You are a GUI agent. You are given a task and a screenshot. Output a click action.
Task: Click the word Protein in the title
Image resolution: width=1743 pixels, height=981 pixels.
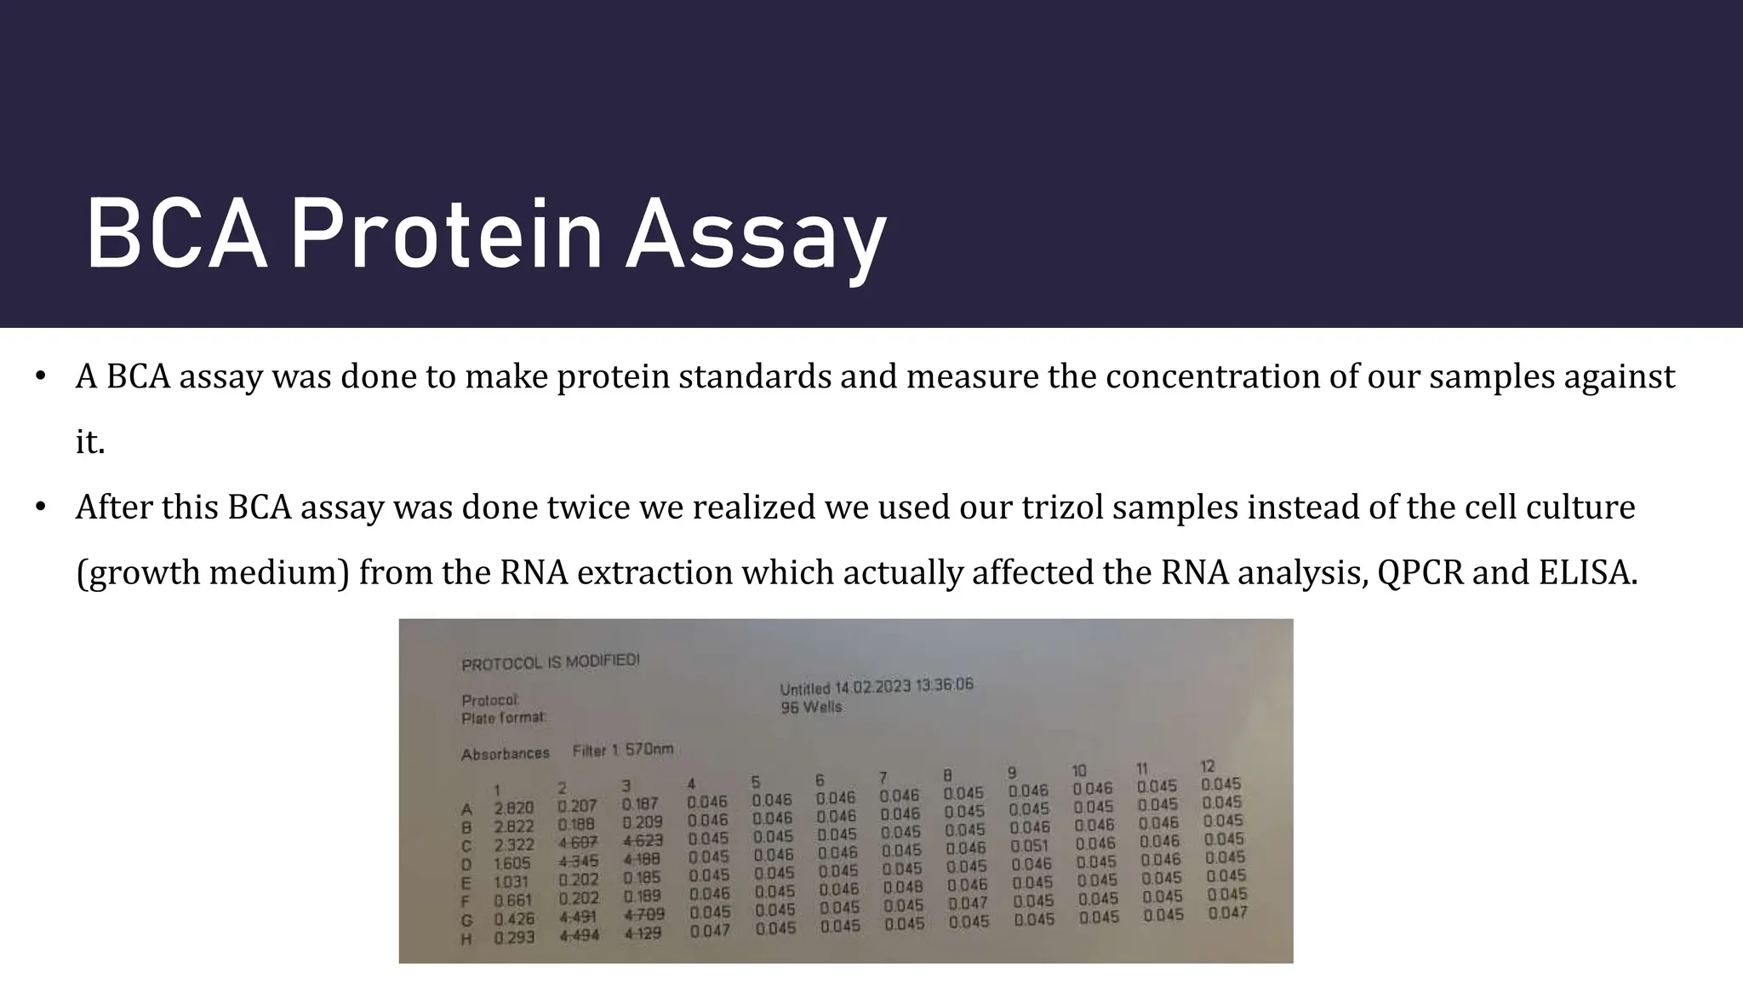446,234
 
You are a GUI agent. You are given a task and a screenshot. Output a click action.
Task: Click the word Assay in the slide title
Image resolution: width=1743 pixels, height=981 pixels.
756,234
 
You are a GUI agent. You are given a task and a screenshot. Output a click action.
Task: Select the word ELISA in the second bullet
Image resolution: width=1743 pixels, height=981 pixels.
1587,572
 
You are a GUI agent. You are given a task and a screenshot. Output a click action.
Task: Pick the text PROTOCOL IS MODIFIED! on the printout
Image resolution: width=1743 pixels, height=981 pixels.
550,662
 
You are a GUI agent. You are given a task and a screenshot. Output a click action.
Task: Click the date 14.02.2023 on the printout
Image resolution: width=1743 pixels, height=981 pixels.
872,687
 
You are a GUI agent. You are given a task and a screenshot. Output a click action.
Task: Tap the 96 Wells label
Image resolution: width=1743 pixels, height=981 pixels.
811,707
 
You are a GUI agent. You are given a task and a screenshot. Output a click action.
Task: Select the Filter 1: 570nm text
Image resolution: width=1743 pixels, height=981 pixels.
622,750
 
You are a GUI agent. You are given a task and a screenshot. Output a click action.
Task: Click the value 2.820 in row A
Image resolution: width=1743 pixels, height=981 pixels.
514,808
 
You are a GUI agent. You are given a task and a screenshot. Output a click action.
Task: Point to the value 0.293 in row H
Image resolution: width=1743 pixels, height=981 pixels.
514,937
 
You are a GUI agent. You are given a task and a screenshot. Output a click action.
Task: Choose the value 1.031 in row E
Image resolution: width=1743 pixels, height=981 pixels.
511,882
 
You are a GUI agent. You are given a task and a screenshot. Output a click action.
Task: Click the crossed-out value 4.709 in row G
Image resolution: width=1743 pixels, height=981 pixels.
644,915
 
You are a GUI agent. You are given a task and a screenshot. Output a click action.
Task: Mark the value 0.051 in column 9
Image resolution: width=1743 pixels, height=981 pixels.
1029,846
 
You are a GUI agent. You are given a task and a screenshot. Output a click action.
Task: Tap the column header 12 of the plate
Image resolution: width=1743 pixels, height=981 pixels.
1207,766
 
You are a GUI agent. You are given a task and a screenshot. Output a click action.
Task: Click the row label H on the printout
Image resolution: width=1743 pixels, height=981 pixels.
466,939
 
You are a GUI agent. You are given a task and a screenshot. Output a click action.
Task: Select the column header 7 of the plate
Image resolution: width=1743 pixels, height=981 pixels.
883,777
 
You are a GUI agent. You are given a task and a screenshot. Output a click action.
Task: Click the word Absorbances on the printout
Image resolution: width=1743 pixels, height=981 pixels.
505,754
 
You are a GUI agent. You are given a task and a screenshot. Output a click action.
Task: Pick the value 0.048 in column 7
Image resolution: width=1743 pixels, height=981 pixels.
903,887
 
